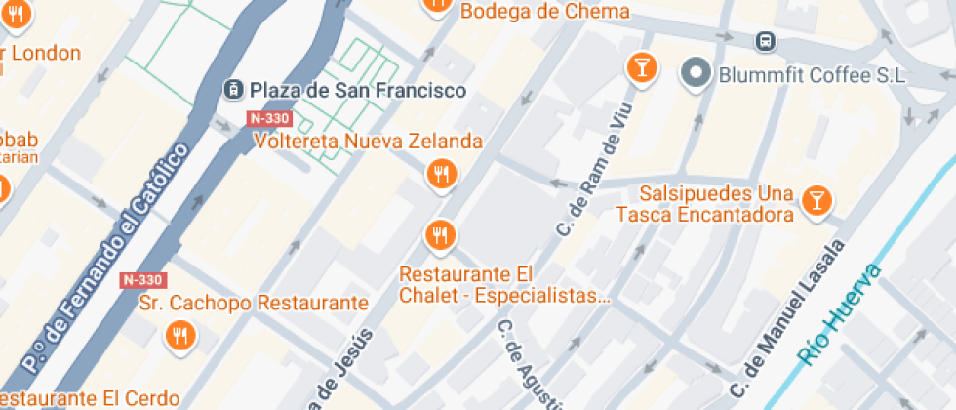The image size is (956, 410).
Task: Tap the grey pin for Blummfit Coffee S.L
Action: point(697,71)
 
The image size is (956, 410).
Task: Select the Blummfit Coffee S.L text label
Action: point(813,75)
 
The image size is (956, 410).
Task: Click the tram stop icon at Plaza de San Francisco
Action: point(233,89)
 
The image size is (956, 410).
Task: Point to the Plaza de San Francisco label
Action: point(358,90)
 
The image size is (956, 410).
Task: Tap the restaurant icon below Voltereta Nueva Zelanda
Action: point(442,175)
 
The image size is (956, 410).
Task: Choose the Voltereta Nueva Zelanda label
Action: point(368,141)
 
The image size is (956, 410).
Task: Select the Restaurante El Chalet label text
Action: point(505,284)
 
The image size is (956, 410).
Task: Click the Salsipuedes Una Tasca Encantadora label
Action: point(716,203)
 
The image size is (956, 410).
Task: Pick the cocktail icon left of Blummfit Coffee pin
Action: point(641,67)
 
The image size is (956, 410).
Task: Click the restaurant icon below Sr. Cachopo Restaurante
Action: point(179,335)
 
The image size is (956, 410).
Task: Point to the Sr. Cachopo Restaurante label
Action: point(254,304)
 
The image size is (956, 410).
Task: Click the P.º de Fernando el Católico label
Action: point(105,256)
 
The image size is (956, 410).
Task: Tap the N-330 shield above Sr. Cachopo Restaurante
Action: point(142,280)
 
